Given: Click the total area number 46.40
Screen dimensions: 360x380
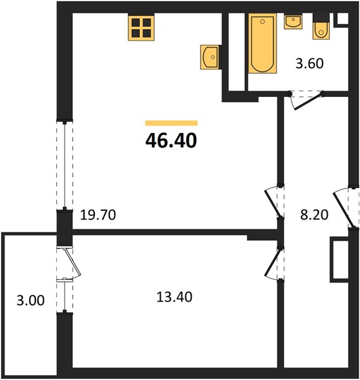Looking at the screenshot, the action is [x=171, y=141].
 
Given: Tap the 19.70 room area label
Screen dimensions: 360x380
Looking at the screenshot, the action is [x=98, y=215].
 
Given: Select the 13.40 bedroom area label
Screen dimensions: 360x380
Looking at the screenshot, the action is [x=175, y=297].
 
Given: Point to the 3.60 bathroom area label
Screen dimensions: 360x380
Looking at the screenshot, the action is [x=309, y=63].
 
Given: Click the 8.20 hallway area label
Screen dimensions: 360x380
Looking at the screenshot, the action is [x=314, y=215].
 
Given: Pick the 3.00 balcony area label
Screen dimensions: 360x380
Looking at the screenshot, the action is [x=30, y=300].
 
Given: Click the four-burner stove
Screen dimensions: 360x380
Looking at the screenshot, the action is [x=141, y=28].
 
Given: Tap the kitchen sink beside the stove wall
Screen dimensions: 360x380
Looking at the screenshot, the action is [x=210, y=57].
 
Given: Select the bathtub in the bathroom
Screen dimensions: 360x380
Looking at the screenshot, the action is [x=263, y=43].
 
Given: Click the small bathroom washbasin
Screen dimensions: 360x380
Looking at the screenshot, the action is [x=293, y=21].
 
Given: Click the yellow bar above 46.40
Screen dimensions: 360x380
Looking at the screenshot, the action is [x=171, y=123].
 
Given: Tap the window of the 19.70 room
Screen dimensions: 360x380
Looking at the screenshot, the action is [x=65, y=165].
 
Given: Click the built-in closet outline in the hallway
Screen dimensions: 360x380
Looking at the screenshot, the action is [x=339, y=260].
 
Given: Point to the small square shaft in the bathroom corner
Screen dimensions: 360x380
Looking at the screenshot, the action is [x=342, y=18].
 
